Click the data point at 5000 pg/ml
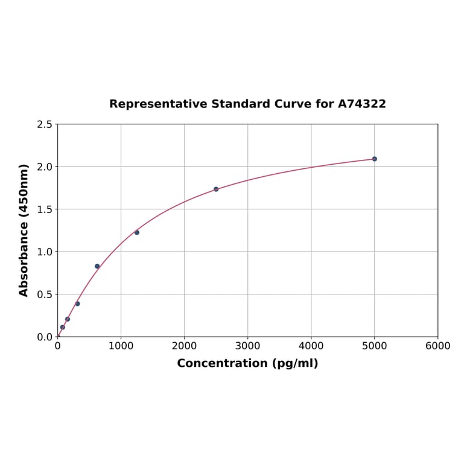pos(374,159)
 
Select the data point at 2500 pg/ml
pos(216,189)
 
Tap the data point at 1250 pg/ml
pos(137,232)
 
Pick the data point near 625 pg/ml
pos(97,266)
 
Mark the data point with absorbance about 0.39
pos(77,304)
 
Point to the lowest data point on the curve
pos(62,327)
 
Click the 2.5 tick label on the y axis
pos(45,124)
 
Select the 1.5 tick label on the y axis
pos(45,209)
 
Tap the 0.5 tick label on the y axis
pos(45,294)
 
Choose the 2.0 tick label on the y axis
pos(45,167)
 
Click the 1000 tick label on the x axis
pos(121,346)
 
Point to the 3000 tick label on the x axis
pos(247,346)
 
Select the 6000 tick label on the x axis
pos(437,346)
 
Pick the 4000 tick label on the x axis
pos(311,346)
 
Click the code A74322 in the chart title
pos(361,104)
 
